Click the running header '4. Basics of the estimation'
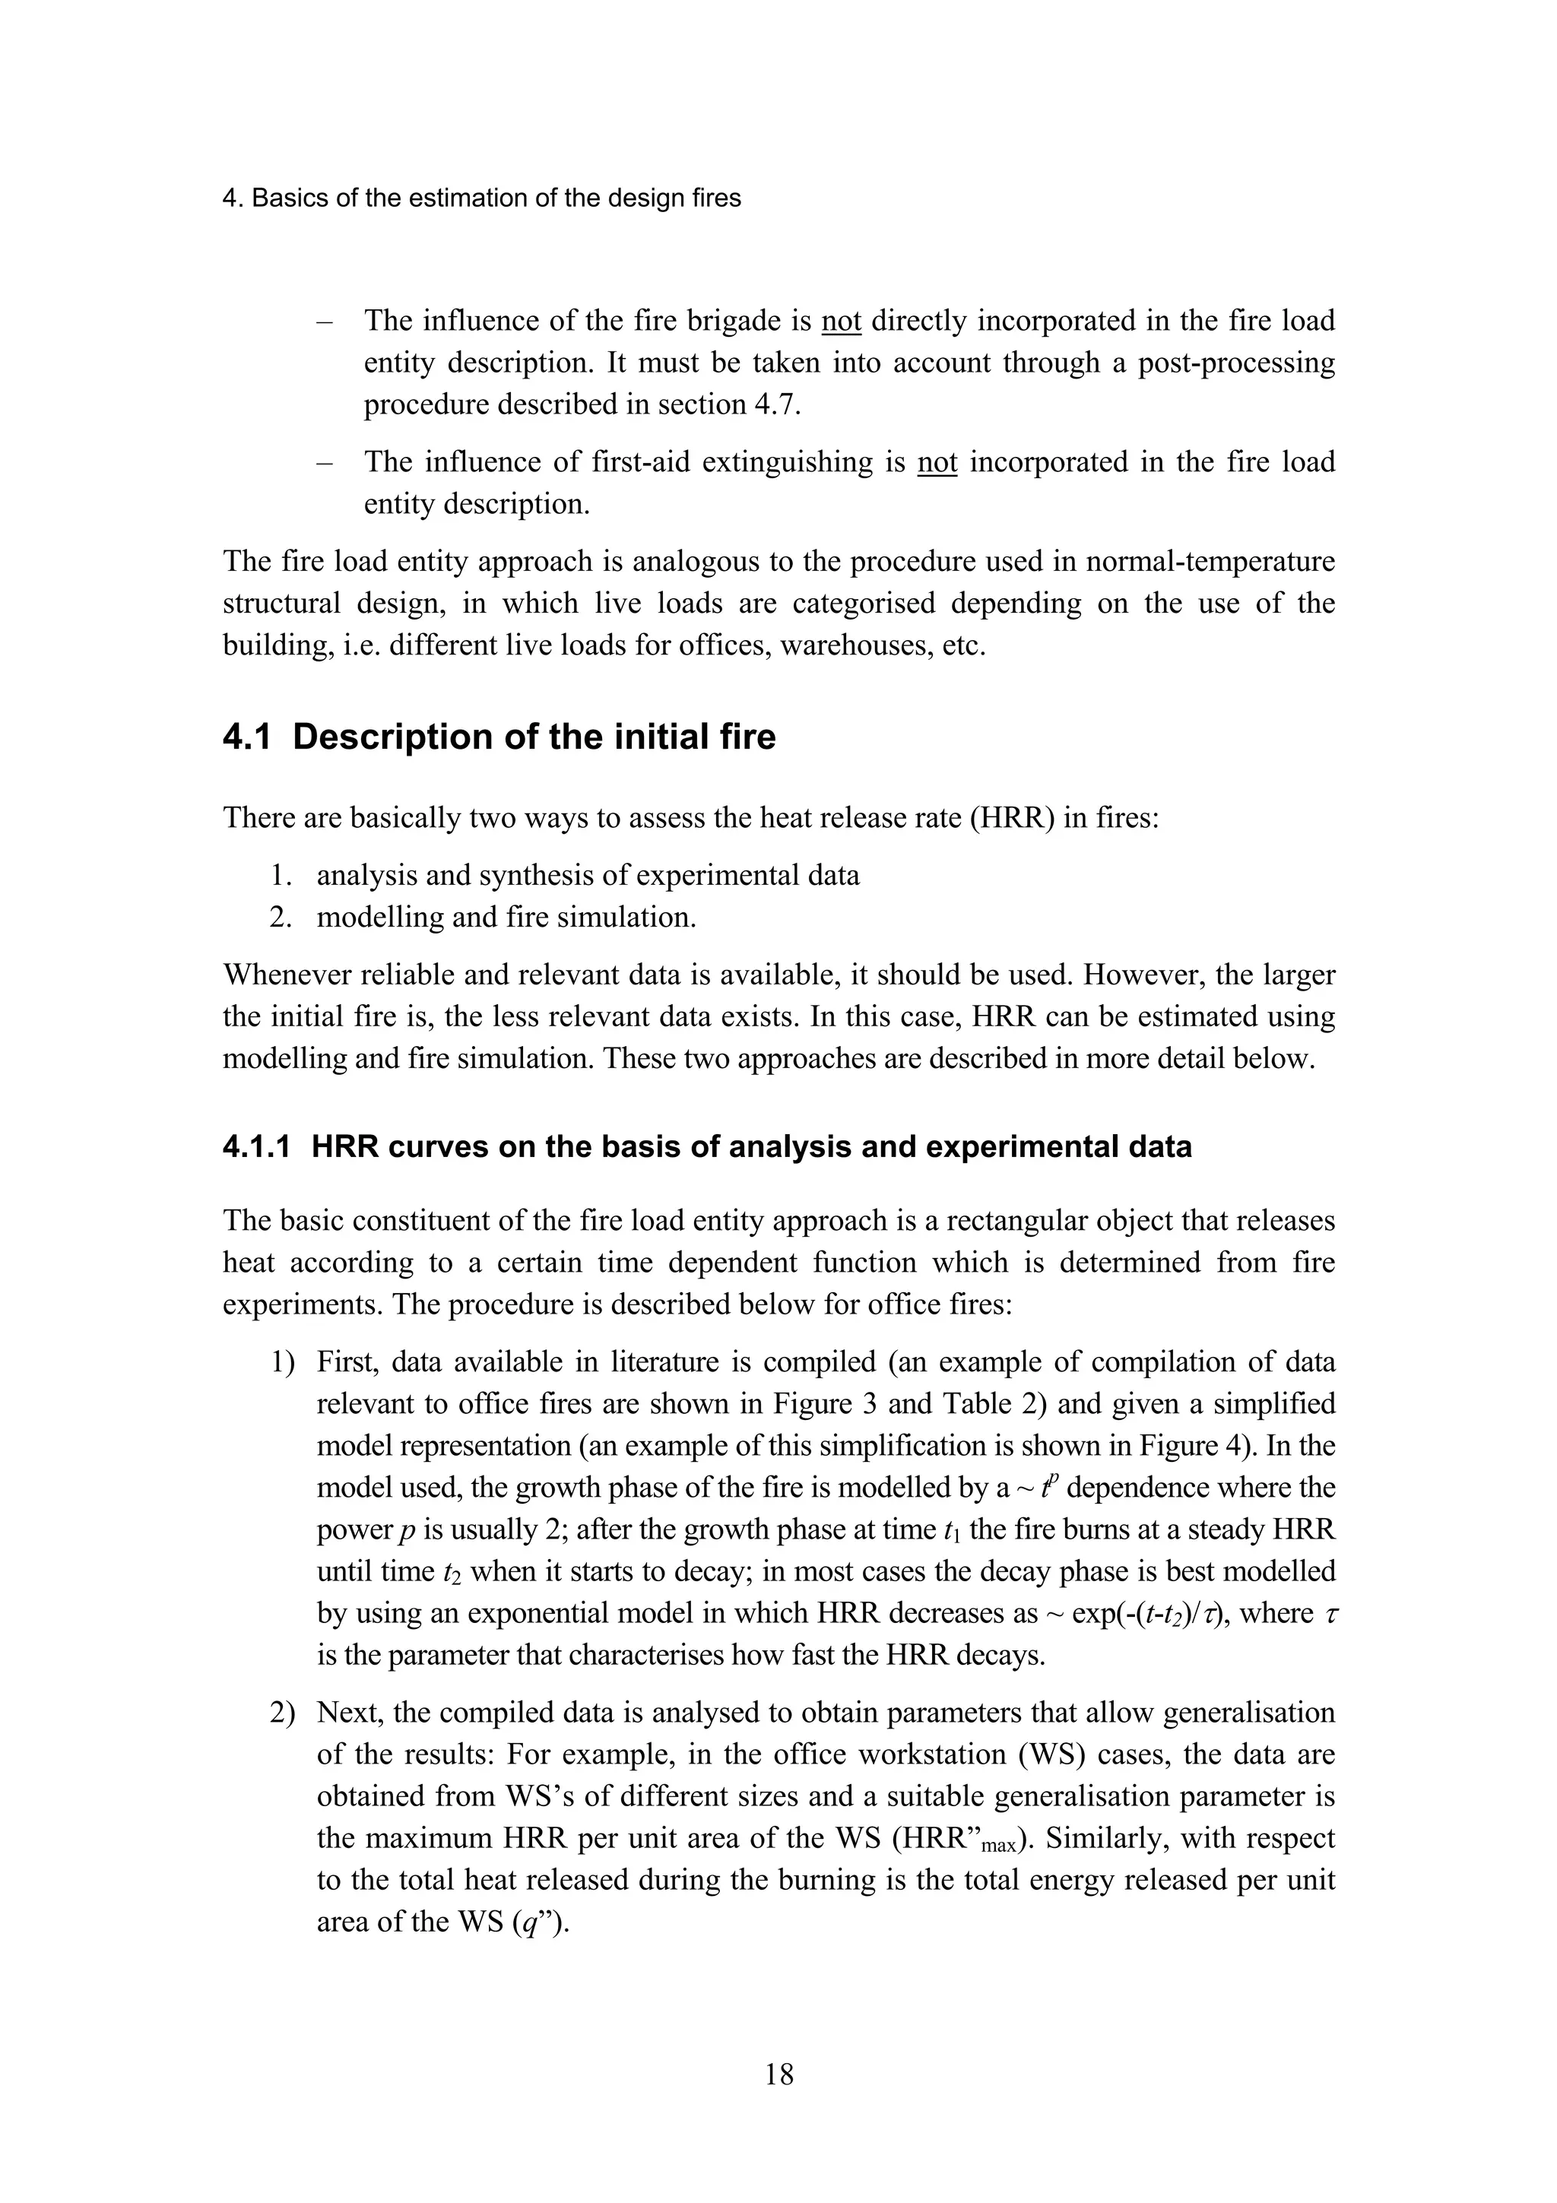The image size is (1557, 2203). (x=480, y=198)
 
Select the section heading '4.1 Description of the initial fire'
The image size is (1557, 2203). (x=499, y=737)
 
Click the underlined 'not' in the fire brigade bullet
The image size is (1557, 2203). (x=842, y=321)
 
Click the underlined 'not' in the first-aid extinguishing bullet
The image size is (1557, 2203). (x=937, y=462)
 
